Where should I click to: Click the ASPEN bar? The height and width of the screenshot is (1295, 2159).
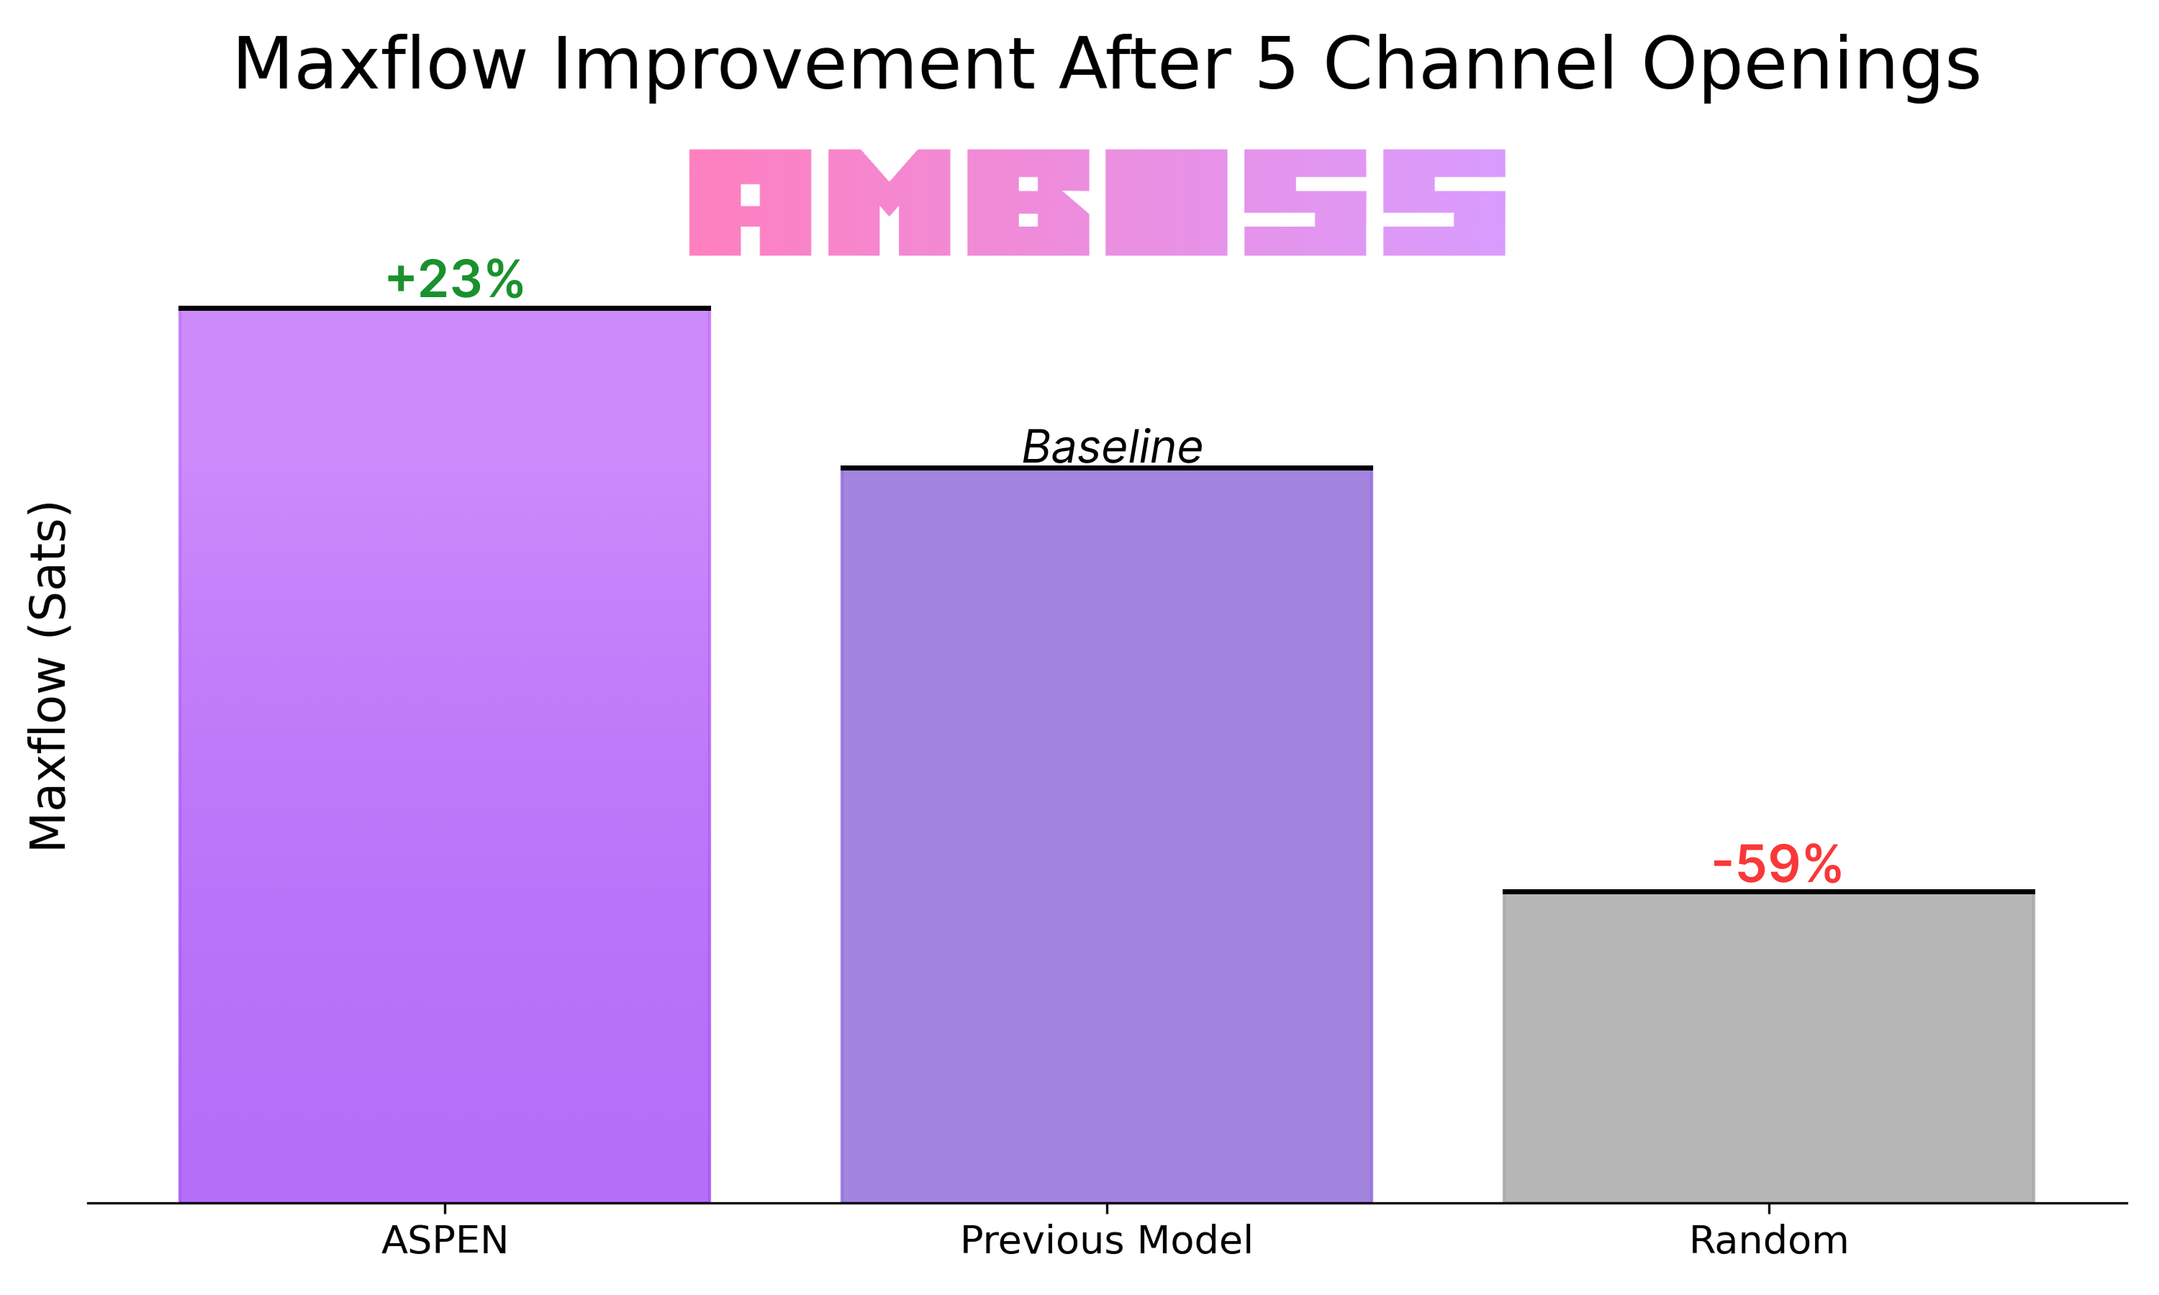click(x=444, y=755)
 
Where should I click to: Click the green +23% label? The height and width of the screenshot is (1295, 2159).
click(x=454, y=279)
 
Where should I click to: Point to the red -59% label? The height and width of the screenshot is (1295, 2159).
click(x=1777, y=864)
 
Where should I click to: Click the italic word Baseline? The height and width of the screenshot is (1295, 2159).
click(x=1112, y=447)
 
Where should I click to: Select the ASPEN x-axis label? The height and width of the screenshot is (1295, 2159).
click(x=444, y=1240)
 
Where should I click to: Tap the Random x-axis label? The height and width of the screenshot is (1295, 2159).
click(x=1768, y=1240)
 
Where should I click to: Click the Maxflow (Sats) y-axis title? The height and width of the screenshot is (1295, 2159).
click(x=48, y=676)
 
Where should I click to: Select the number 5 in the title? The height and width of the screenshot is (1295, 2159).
click(x=1275, y=65)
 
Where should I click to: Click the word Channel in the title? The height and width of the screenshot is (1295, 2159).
click(x=1470, y=65)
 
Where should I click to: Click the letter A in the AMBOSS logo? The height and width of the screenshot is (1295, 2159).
click(x=751, y=202)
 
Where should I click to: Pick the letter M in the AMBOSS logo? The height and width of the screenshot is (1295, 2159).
click(x=890, y=202)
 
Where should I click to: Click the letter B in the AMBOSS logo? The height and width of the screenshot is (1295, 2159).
click(x=1028, y=202)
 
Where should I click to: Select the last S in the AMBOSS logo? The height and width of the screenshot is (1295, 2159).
click(x=1444, y=202)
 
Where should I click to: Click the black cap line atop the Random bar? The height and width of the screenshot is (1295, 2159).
click(x=1768, y=891)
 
